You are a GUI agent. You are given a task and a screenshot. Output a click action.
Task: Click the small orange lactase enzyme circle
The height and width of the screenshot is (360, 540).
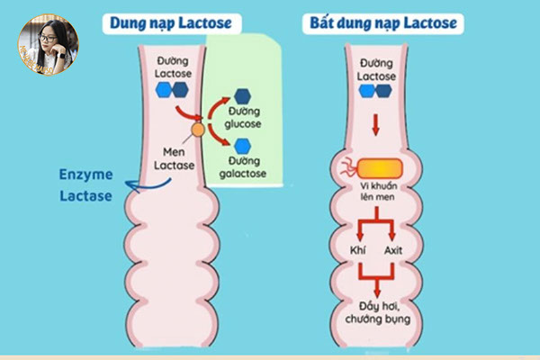pyautogui.click(x=198, y=131)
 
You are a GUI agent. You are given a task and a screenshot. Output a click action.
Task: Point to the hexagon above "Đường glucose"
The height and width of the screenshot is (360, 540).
pyautogui.click(x=242, y=94)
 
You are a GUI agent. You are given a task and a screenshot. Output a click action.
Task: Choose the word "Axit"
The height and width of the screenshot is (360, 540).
pyautogui.click(x=394, y=249)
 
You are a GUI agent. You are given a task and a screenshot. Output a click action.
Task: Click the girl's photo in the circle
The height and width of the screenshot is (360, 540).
pyautogui.click(x=48, y=45)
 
